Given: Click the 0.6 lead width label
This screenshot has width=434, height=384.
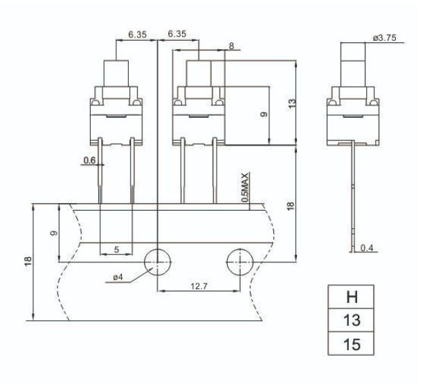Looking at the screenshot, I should click(x=89, y=161).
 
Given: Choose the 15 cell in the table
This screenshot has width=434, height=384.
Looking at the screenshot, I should click(x=352, y=344).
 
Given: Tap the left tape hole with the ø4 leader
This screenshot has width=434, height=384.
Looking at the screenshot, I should click(x=157, y=261).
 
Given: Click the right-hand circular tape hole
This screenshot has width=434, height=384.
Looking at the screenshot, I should click(x=239, y=261).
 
